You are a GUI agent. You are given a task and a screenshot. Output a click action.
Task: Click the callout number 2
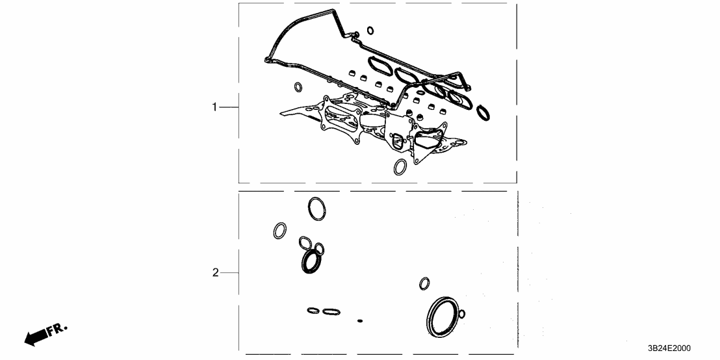(216, 274)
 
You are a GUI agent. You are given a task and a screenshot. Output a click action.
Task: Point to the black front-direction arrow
(36, 336)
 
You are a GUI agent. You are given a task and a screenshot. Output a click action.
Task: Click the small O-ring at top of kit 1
(370, 29)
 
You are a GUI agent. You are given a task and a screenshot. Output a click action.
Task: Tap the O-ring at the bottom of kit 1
(401, 168)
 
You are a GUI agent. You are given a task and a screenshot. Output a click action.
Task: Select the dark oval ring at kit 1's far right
(483, 112)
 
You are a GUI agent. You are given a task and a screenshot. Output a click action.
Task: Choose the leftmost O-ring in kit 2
(280, 231)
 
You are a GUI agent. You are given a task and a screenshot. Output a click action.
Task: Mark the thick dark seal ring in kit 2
(311, 261)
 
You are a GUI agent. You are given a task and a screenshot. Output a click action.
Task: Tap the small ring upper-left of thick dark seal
(305, 243)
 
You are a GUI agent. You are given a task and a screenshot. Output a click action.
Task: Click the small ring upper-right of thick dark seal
(319, 248)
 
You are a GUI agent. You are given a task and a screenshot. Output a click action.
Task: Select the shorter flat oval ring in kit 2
(313, 311)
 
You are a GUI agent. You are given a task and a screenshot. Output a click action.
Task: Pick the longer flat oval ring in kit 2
(331, 312)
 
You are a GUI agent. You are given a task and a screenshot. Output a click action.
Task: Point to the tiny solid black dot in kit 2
(359, 320)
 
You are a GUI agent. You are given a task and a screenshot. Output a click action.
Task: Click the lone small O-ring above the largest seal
(424, 283)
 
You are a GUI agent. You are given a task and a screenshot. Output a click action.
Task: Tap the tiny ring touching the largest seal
(461, 315)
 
